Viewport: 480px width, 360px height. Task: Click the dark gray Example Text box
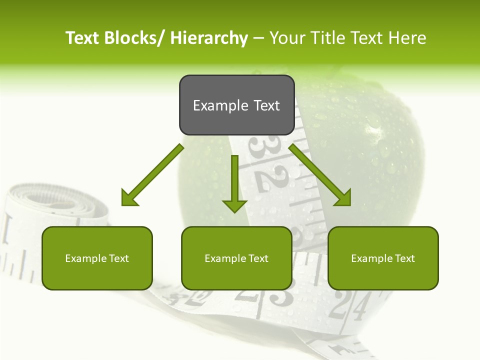pyautogui.click(x=236, y=105)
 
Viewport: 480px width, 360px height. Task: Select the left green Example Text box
pyautogui.click(x=97, y=258)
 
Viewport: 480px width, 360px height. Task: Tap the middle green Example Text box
pyautogui.click(x=236, y=258)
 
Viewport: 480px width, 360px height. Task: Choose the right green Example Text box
pyautogui.click(x=383, y=258)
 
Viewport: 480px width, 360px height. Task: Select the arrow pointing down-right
pyautogui.click(x=320, y=175)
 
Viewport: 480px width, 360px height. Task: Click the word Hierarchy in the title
pyautogui.click(x=208, y=38)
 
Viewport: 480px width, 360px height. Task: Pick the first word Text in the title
pyautogui.click(x=83, y=38)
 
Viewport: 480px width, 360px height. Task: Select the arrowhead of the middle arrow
pyautogui.click(x=234, y=205)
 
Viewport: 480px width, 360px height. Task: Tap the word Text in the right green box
pyautogui.click(x=404, y=258)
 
